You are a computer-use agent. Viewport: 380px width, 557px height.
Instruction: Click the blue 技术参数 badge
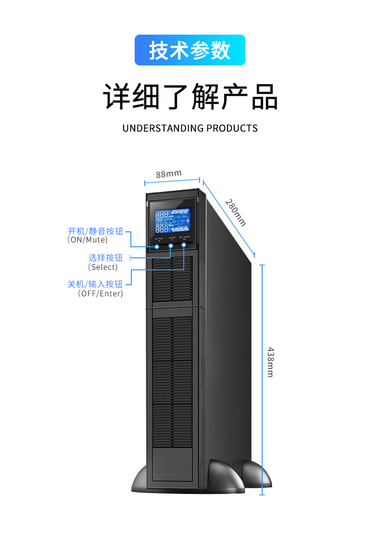coord(190,50)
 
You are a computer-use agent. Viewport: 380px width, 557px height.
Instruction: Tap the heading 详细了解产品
coord(190,97)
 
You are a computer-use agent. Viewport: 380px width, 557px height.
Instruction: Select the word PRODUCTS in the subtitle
coord(232,128)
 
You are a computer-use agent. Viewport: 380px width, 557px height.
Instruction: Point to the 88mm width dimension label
coord(168,174)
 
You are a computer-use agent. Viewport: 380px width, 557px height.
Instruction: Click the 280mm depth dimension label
coord(236,212)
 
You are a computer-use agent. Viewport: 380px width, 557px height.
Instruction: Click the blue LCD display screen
coord(172,221)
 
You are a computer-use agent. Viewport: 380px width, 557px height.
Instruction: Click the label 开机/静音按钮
coord(95,231)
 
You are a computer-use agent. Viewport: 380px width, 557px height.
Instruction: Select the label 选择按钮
coord(105,258)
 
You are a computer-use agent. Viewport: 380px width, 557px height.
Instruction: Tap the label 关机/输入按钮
coord(95,284)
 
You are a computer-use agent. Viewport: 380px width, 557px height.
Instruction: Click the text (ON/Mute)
coord(88,240)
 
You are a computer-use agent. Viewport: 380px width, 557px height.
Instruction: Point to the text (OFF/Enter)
coord(101,293)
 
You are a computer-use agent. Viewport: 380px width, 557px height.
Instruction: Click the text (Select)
coord(102,267)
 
